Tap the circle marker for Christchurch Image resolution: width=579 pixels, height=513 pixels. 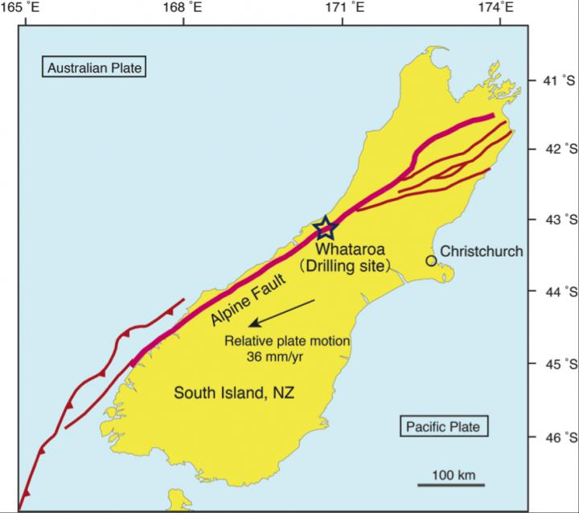pyautogui.click(x=431, y=261)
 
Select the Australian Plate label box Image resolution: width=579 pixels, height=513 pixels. pyautogui.click(x=94, y=68)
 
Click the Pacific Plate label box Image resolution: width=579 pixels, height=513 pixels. pyautogui.click(x=445, y=425)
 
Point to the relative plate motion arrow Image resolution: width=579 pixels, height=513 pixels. pyautogui.click(x=281, y=313)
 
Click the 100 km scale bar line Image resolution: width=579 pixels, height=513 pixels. pyautogui.click(x=450, y=485)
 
